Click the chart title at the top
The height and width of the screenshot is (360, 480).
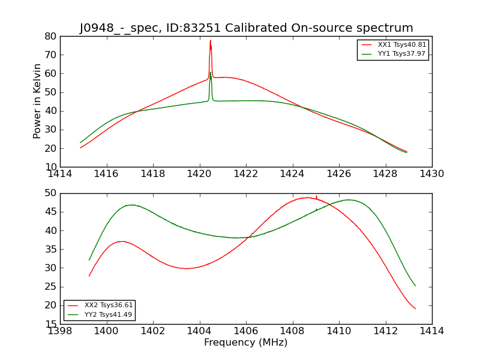tap(246, 28)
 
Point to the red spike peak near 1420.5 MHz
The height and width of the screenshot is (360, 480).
tap(210, 41)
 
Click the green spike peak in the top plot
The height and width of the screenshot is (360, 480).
tap(211, 73)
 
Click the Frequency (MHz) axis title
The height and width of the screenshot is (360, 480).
tap(245, 343)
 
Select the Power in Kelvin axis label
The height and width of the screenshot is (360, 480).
tap(37, 101)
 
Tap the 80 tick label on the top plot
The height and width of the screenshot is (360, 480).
tap(50, 36)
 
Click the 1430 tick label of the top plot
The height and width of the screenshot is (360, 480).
tap(431, 174)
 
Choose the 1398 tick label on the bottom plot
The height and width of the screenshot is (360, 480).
tap(60, 331)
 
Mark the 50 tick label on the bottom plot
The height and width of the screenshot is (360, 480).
tap(50, 193)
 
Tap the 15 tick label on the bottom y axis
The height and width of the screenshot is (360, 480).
tap(50, 324)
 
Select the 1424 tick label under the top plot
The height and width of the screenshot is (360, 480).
tap(292, 174)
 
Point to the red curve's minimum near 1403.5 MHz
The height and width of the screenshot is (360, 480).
tap(187, 268)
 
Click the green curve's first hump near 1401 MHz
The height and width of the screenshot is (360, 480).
tap(131, 205)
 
